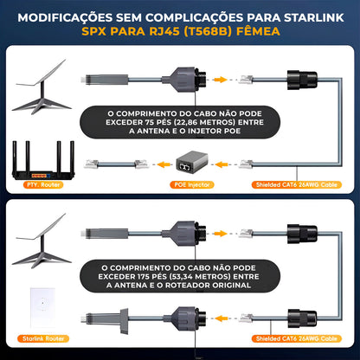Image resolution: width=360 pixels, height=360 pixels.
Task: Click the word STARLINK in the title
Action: coord(314,17)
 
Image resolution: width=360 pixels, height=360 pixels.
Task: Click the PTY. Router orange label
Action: coord(43,184)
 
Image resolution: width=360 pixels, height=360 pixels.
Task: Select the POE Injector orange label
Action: coord(192,184)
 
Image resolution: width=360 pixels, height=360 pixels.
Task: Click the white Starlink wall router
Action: coord(42,307)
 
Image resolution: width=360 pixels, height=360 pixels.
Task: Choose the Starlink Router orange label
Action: coord(43,338)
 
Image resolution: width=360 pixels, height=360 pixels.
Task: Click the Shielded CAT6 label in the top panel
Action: coord(297,184)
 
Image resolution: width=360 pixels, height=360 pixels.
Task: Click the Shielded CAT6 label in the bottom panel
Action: coord(297,338)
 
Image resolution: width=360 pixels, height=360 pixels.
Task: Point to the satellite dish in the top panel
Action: coord(42,87)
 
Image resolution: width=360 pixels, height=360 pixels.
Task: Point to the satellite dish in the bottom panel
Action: coord(42,241)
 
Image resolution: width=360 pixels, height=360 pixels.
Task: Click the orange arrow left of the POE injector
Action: coord(164,164)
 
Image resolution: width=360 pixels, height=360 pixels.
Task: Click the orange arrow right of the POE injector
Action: coord(222,164)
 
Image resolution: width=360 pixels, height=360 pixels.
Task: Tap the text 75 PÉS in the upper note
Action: coord(157,122)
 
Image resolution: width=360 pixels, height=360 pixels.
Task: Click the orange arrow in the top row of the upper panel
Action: coord(221,80)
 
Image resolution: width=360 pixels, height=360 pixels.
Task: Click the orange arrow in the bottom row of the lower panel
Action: coord(222,318)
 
